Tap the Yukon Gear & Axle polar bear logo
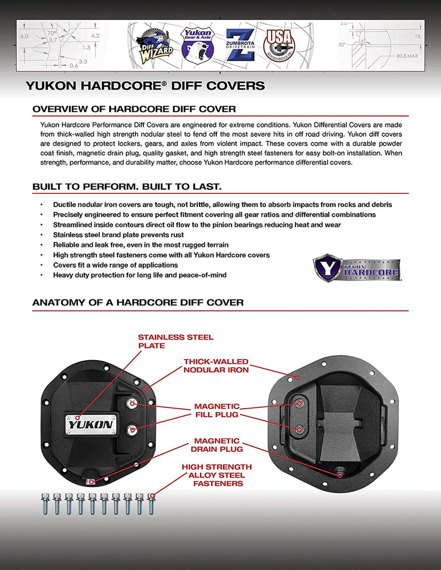point(197,44)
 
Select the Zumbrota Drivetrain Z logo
point(240,44)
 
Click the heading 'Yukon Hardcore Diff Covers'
point(145,86)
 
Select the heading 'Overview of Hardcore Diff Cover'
point(134,109)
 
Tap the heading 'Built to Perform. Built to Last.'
point(127,186)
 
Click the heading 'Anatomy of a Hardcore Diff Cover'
point(138,303)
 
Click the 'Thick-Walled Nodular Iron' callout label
point(216,366)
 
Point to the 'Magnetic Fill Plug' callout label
point(216,410)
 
